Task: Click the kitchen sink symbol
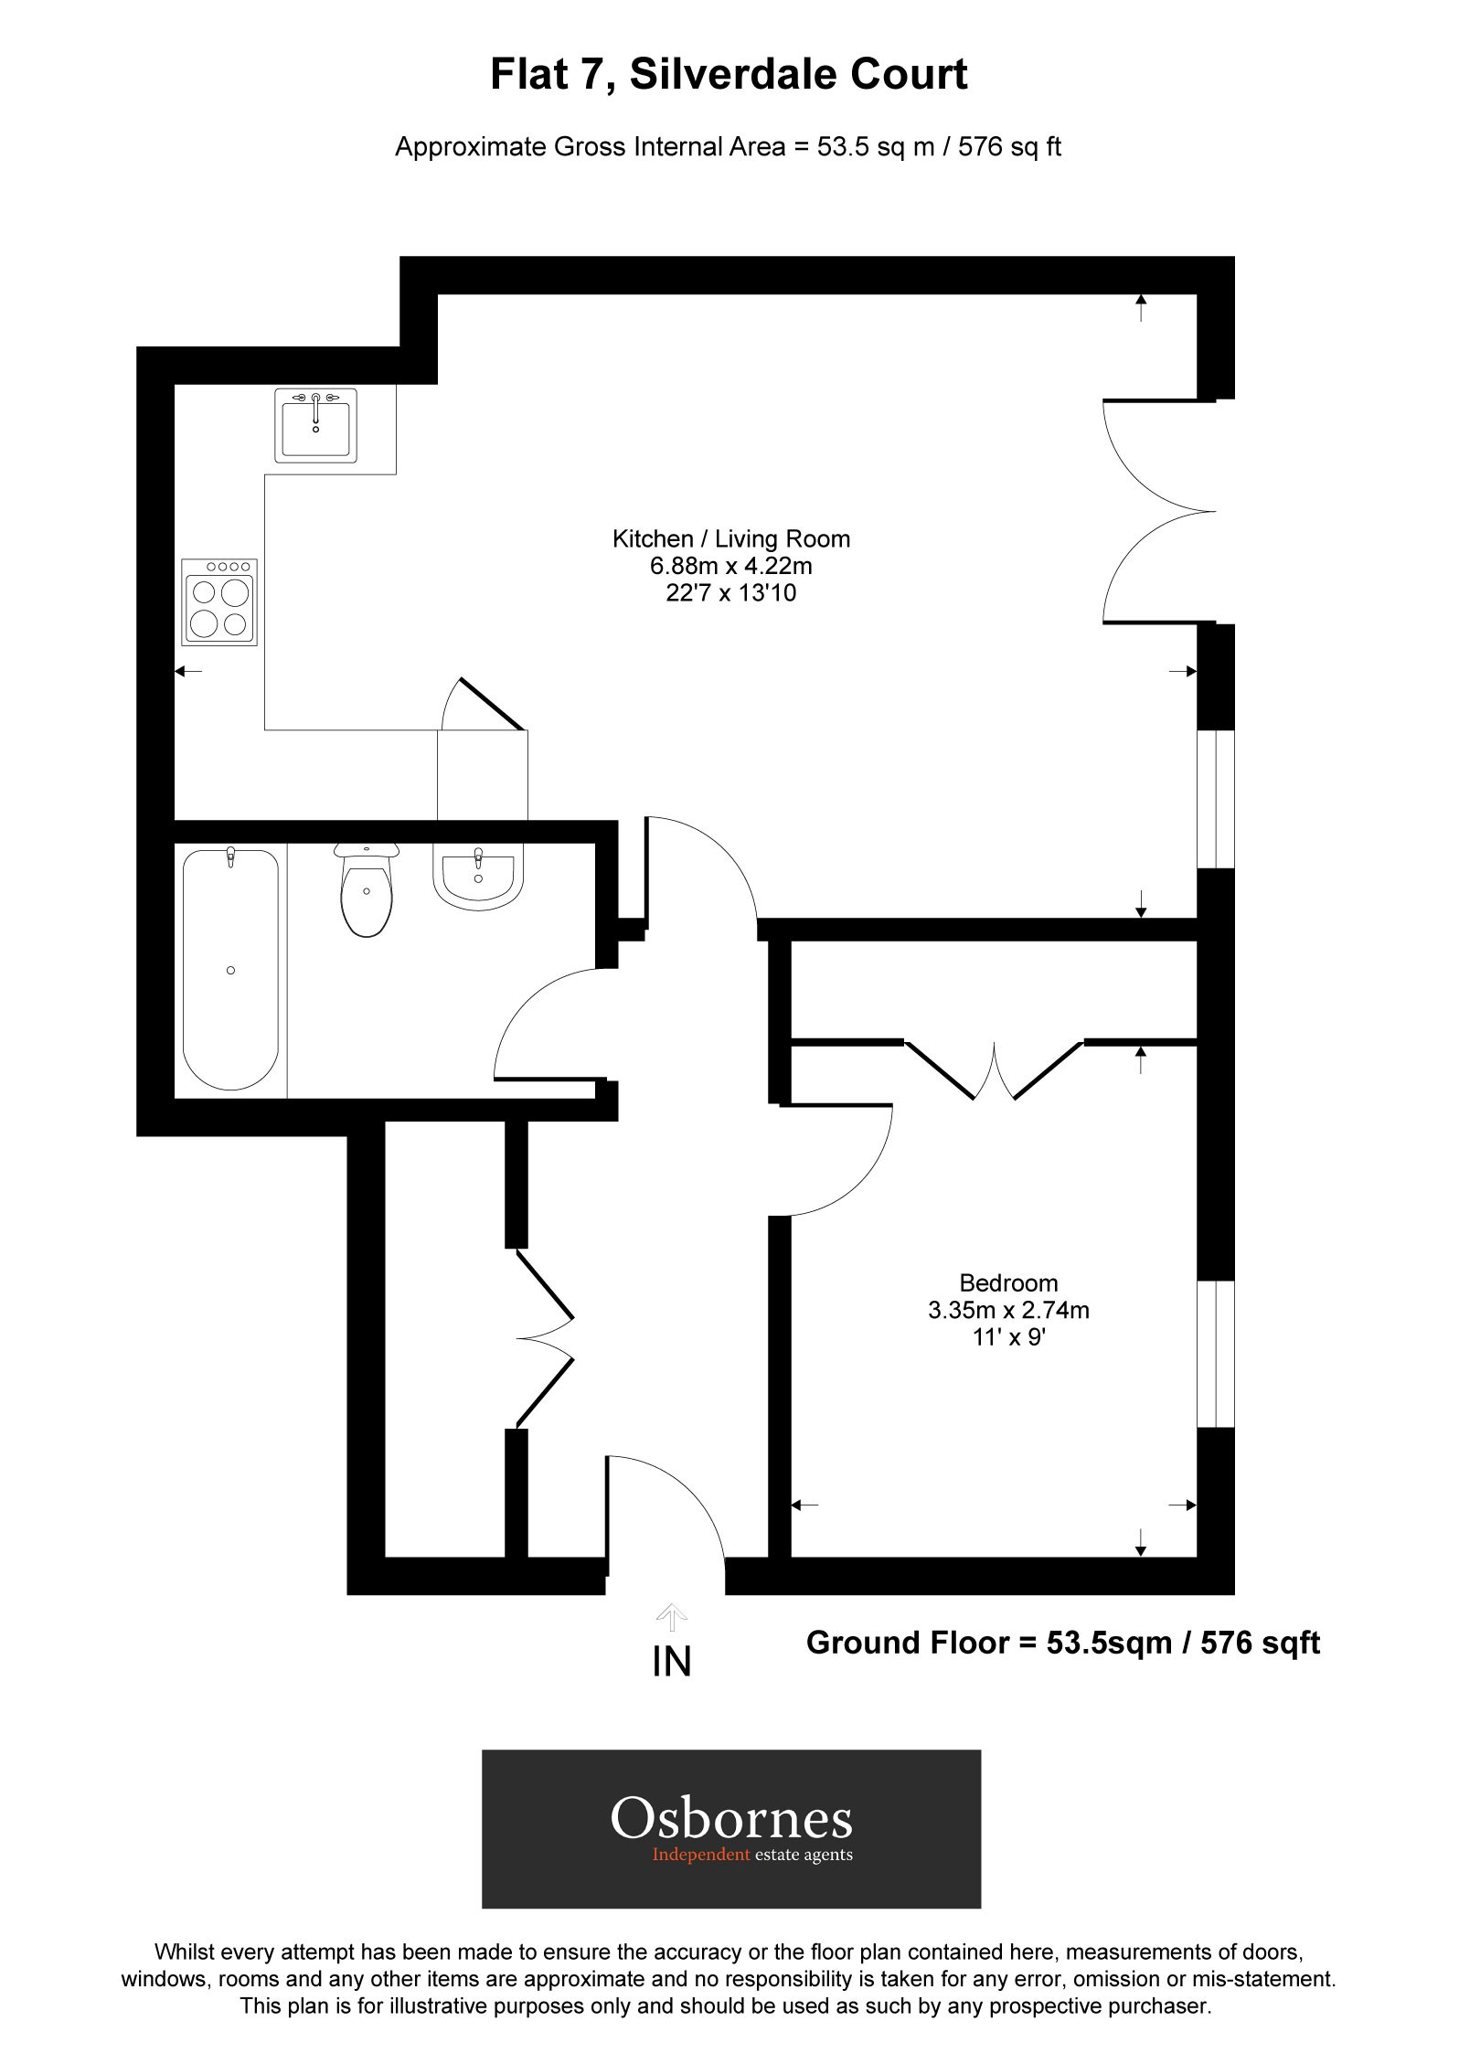point(315,426)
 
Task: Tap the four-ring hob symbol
point(219,603)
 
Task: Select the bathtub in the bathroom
point(230,969)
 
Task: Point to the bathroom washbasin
point(477,879)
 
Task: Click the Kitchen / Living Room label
point(730,539)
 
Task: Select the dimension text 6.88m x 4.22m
point(730,567)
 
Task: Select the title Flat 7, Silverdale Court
point(729,75)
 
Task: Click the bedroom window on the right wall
point(1216,1354)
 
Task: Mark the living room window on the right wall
point(1216,798)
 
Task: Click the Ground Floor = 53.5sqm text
point(1062,1643)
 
